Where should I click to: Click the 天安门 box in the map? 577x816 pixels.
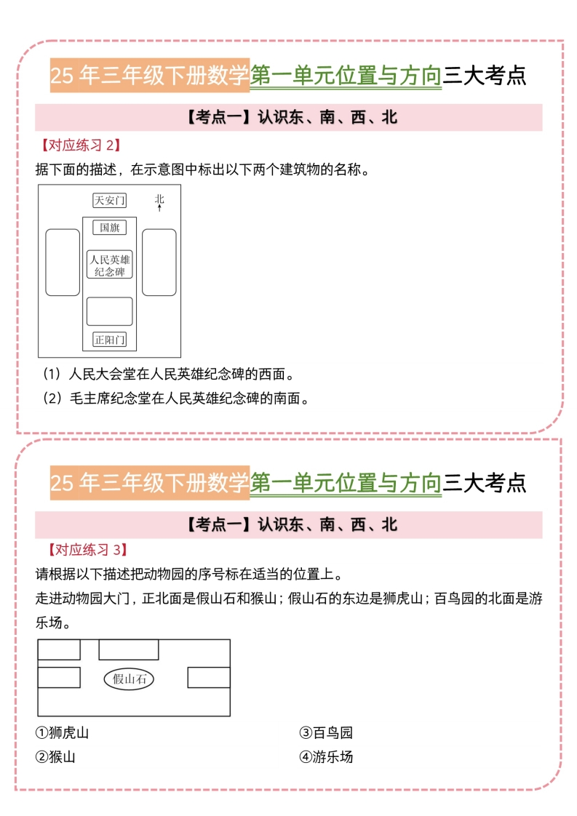click(109, 200)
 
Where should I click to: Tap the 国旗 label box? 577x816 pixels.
click(109, 228)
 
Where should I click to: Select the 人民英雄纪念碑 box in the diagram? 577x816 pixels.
click(109, 265)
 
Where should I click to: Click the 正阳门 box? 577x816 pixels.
click(109, 340)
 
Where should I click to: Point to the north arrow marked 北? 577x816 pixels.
click(159, 203)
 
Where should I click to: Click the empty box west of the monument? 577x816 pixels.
click(63, 263)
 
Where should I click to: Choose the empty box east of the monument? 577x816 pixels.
click(159, 263)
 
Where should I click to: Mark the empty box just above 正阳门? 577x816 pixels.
click(109, 311)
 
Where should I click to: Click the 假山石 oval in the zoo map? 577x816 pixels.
click(129, 679)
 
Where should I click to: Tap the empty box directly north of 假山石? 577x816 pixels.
click(129, 650)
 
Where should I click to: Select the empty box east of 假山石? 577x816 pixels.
click(209, 678)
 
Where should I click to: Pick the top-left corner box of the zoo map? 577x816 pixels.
click(60, 650)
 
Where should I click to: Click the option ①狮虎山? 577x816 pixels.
click(62, 733)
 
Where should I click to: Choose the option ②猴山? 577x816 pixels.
click(55, 756)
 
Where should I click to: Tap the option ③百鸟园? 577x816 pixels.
click(326, 733)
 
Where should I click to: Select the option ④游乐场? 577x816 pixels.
click(326, 756)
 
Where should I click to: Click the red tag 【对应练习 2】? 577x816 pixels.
click(81, 145)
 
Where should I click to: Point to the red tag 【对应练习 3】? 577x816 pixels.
click(87, 550)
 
